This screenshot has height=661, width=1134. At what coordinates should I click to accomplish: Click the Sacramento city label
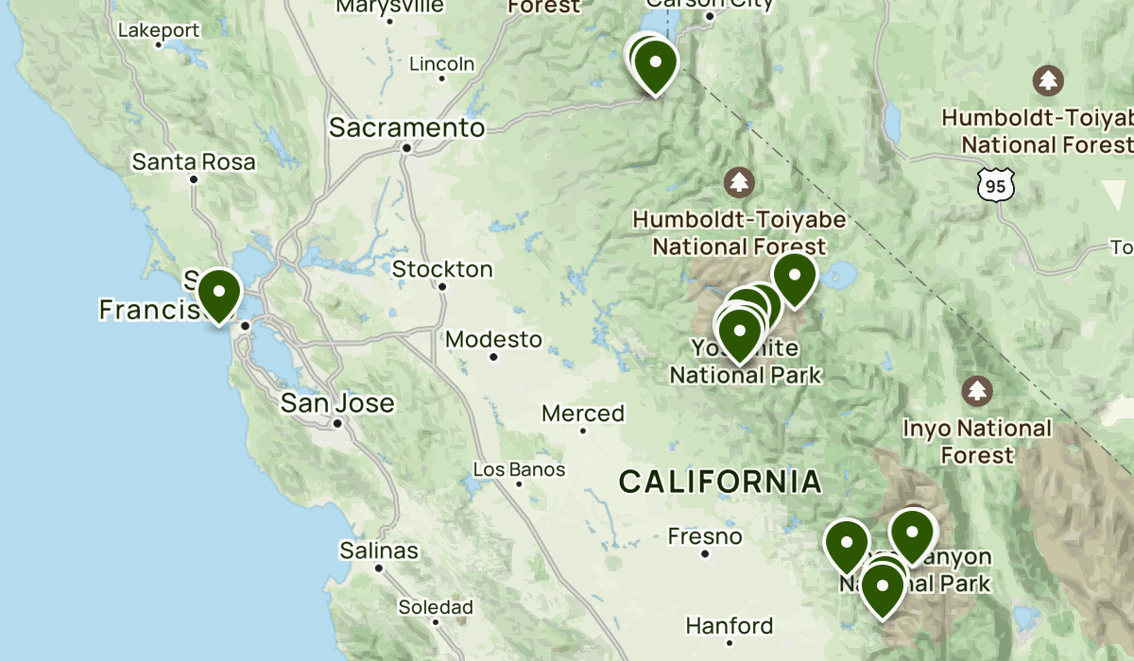point(406,127)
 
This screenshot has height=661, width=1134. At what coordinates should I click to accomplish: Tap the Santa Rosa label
point(193,161)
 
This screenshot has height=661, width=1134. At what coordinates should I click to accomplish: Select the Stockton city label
point(442,269)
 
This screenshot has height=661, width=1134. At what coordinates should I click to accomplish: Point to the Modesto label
point(493,339)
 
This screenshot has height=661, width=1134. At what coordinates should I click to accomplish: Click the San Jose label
point(337,403)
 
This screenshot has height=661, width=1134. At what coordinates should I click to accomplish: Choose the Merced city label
point(583,414)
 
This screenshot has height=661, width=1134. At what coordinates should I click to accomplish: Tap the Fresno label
point(705,536)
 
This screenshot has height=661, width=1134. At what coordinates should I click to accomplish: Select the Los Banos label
point(519,469)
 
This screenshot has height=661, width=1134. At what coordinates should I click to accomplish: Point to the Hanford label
point(730,625)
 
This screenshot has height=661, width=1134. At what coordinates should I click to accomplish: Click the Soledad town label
point(435,606)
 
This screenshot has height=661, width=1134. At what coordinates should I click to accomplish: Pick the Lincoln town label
point(441,64)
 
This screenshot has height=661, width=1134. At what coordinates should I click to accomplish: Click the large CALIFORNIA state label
point(720,482)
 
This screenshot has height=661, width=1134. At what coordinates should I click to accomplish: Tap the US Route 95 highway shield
point(997,186)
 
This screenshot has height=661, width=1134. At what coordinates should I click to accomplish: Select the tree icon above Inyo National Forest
point(976,390)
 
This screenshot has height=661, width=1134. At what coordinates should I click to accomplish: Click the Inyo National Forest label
point(976,441)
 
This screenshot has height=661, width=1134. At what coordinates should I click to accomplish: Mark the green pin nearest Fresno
point(846,545)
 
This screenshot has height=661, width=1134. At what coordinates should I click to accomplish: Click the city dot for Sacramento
point(406,147)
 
